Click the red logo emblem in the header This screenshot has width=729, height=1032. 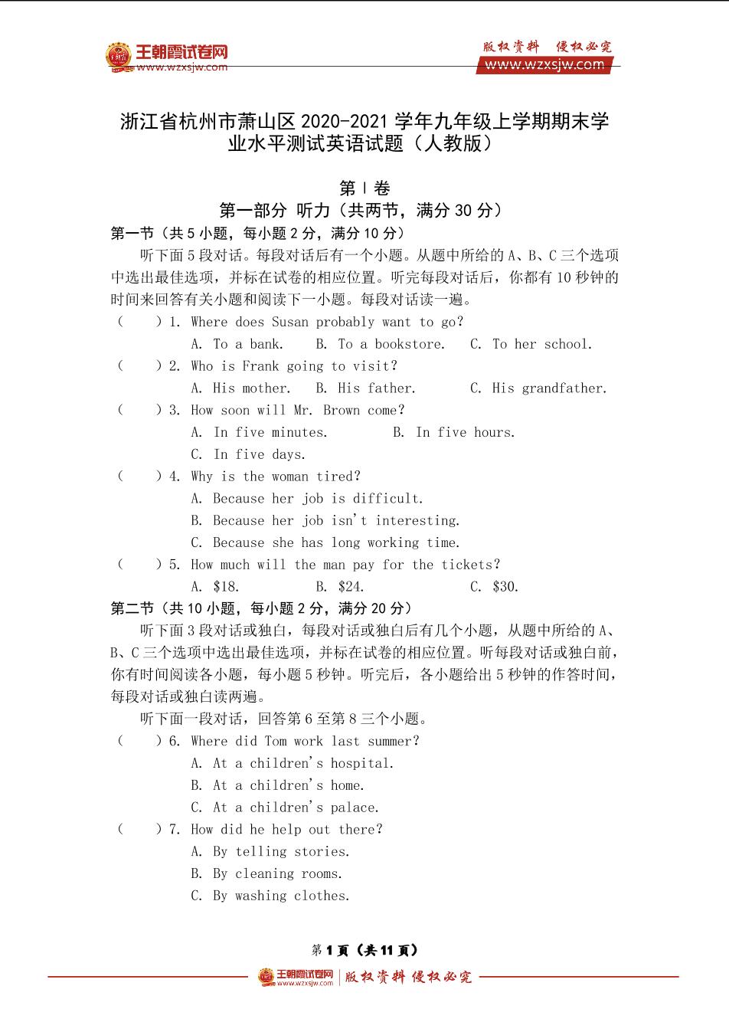point(119,55)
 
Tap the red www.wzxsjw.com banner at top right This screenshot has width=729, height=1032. point(544,65)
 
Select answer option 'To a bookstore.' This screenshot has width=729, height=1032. point(380,345)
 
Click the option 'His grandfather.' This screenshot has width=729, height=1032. point(538,388)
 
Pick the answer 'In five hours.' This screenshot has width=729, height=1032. point(454,433)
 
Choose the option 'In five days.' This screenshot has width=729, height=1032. point(248,455)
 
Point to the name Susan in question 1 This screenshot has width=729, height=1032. point(290,323)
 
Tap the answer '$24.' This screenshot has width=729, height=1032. point(340,588)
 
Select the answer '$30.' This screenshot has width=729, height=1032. point(495,588)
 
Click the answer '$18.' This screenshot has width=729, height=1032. point(215,588)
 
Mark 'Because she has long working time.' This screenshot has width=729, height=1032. point(325,543)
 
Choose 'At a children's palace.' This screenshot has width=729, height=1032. point(285,808)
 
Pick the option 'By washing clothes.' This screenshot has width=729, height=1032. point(270,896)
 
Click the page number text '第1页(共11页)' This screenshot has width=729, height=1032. point(364,950)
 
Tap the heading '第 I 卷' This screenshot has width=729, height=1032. point(364,188)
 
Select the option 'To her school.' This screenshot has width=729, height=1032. point(531,345)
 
